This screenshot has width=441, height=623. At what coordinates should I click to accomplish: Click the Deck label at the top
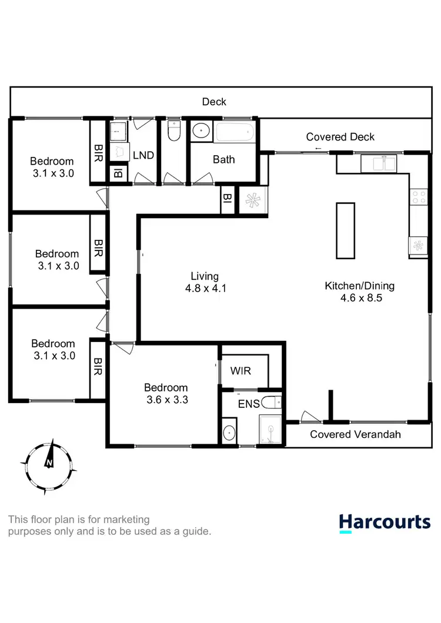point(214,102)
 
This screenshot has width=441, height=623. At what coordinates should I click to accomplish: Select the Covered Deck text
point(340,137)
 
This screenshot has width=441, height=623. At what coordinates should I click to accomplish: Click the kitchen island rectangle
point(345,230)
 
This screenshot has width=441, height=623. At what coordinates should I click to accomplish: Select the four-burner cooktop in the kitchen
point(419,197)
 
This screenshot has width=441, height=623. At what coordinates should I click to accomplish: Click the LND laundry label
point(143,155)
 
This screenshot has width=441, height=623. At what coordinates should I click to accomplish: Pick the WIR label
point(241,372)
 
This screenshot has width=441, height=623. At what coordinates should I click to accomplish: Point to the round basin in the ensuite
point(229,433)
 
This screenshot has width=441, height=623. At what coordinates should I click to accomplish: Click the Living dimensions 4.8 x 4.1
point(205,289)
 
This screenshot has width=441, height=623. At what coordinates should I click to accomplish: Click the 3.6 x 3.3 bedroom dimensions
point(166,400)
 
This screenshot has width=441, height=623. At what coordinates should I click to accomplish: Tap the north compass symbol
point(48,463)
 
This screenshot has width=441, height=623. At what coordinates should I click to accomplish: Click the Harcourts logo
point(385,522)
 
